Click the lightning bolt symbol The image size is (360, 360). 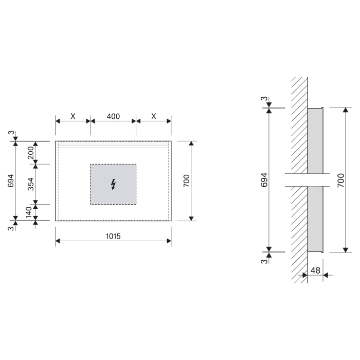coord(113,184)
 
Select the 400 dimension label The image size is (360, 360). coord(113,117)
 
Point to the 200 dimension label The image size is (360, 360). coord(30,153)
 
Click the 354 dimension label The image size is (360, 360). coord(30,184)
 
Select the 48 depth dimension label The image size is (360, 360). coord(316,269)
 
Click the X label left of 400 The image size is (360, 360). coord(73,117)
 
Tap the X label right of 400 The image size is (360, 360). coord(154,117)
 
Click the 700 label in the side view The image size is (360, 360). coord(341,180)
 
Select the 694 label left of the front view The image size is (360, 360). coord(11,181)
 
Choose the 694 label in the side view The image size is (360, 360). coord(264,180)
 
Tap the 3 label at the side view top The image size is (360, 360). coord(264,99)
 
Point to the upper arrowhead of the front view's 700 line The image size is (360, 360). coord(191,143)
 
